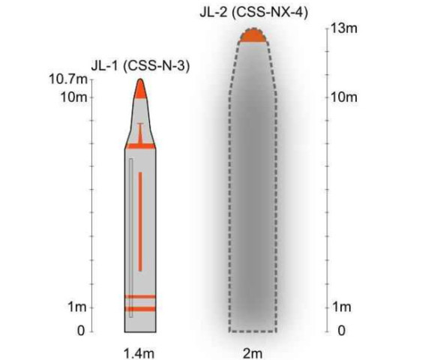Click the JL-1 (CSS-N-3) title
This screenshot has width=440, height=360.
coord(141,66)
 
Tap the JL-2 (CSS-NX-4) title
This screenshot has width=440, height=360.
coord(254,12)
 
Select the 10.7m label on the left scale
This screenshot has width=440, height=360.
coord(68,79)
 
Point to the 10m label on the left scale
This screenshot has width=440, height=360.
coord(73,97)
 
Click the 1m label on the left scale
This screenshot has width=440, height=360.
coord(77,307)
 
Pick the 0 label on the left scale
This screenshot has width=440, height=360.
coord(81,331)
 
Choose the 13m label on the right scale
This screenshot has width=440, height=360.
coord(344,28)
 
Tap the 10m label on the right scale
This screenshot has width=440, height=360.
coord(344,97)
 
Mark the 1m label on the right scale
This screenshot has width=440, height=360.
coord(342,307)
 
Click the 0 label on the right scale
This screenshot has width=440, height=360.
coord(342,331)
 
